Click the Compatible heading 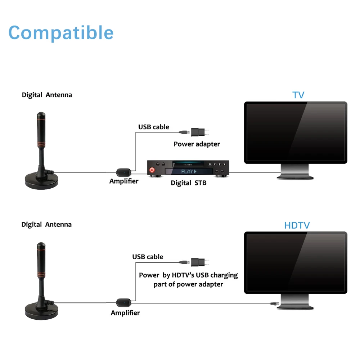[x=61, y=33]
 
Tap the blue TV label [x=298, y=95]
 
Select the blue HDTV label [x=297, y=226]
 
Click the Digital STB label [x=189, y=183]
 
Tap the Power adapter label [x=197, y=144]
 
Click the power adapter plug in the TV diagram [x=198, y=132]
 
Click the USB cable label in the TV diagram [x=154, y=127]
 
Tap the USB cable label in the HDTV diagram [x=148, y=257]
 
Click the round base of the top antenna [x=41, y=179]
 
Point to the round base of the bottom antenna [x=41, y=309]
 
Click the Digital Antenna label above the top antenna [x=47, y=95]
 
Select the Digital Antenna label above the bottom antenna [x=46, y=225]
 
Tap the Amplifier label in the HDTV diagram [x=125, y=313]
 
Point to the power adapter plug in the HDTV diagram [x=198, y=262]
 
